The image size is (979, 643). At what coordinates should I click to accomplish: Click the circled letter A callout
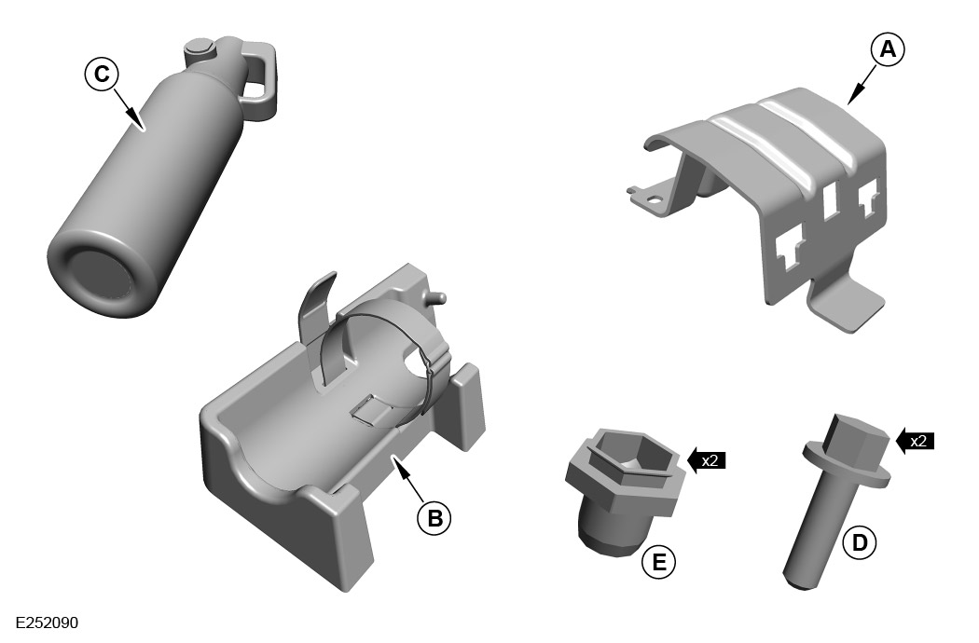pyautogui.click(x=888, y=48)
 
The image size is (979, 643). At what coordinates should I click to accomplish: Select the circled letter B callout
pyautogui.click(x=434, y=518)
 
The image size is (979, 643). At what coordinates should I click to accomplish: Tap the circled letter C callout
pyautogui.click(x=101, y=74)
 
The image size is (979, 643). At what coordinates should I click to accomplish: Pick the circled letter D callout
pyautogui.click(x=859, y=541)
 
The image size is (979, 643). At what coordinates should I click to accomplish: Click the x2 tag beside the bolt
pyautogui.click(x=915, y=441)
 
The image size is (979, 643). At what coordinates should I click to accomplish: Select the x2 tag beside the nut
pyautogui.click(x=706, y=460)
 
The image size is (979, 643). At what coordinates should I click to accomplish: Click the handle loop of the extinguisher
pyautogui.click(x=257, y=75)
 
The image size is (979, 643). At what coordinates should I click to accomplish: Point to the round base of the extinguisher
pyautogui.click(x=100, y=276)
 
